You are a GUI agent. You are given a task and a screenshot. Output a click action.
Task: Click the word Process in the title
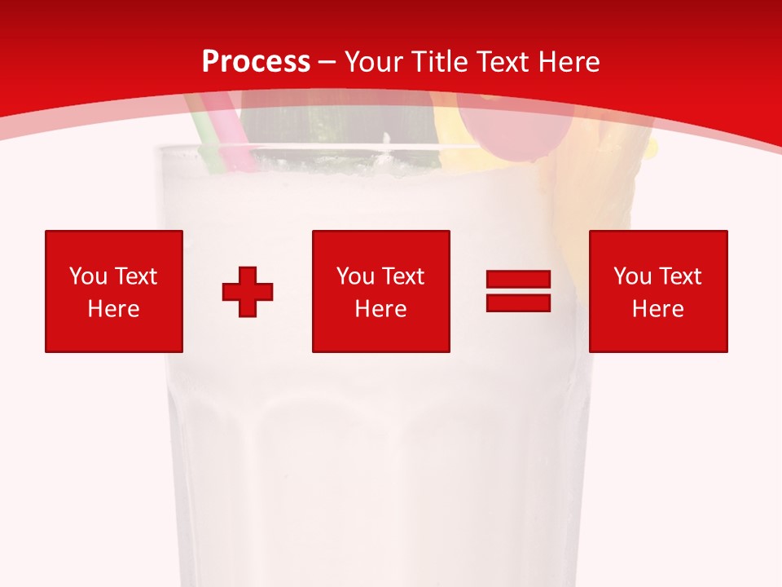point(256,62)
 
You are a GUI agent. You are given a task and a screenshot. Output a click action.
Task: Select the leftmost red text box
point(113,291)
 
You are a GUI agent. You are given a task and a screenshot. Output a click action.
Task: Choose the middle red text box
point(380,291)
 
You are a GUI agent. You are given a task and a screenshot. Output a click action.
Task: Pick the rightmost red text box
point(657,291)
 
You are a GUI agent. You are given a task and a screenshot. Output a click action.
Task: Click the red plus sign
point(248,291)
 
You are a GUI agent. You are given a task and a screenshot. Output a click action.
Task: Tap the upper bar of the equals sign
point(518,280)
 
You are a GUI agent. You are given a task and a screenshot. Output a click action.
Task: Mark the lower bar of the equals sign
point(518,302)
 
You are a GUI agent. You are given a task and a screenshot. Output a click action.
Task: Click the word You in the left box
point(88,276)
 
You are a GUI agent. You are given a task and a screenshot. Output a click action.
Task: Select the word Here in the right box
point(657,309)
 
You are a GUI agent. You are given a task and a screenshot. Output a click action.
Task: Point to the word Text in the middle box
point(403,276)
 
